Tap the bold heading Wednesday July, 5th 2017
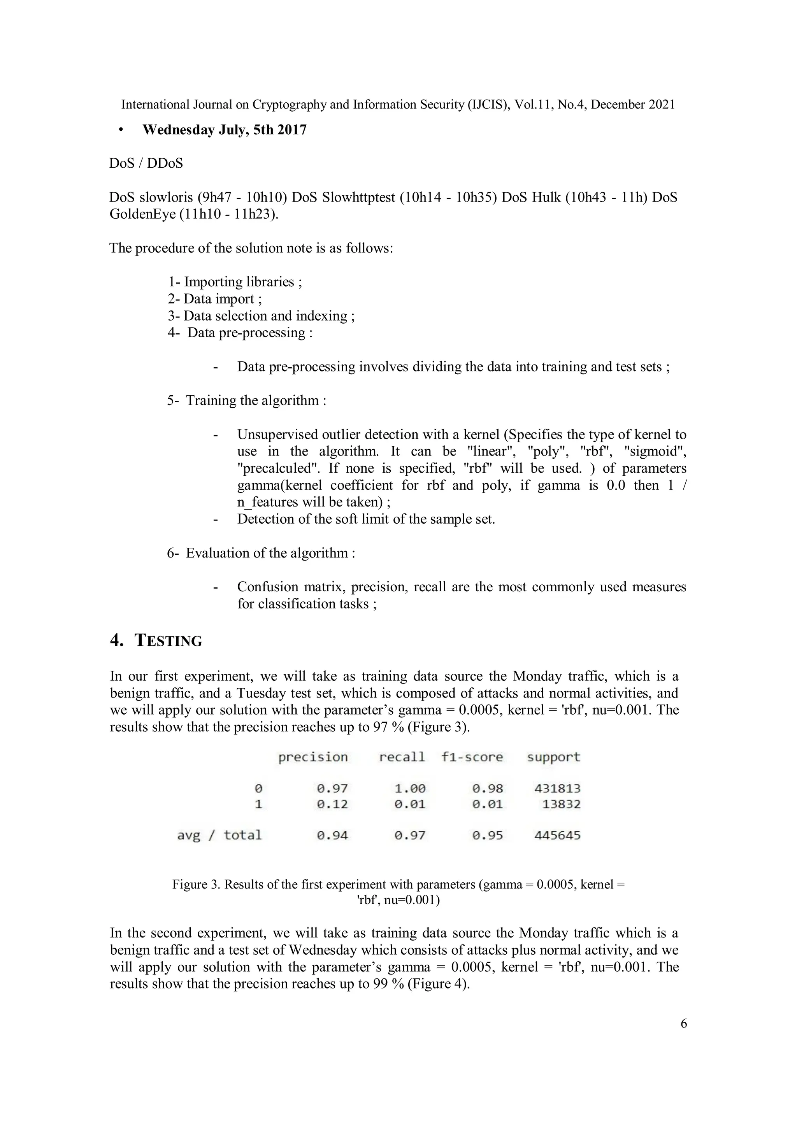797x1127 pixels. point(225,130)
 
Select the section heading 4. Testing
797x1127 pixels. point(156,641)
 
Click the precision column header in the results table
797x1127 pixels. point(313,757)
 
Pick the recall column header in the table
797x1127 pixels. point(402,757)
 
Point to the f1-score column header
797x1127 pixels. point(472,757)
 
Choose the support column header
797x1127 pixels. point(553,757)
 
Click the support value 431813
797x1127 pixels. point(557,788)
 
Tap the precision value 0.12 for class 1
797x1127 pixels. point(332,804)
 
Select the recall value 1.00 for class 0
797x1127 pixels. point(410,788)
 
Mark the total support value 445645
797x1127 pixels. point(557,835)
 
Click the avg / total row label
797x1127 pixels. point(219,835)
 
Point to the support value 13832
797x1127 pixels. point(561,804)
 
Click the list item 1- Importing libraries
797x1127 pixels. point(235,282)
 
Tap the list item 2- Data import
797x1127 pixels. point(214,299)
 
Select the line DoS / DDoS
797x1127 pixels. point(146,163)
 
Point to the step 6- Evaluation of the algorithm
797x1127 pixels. point(261,553)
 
